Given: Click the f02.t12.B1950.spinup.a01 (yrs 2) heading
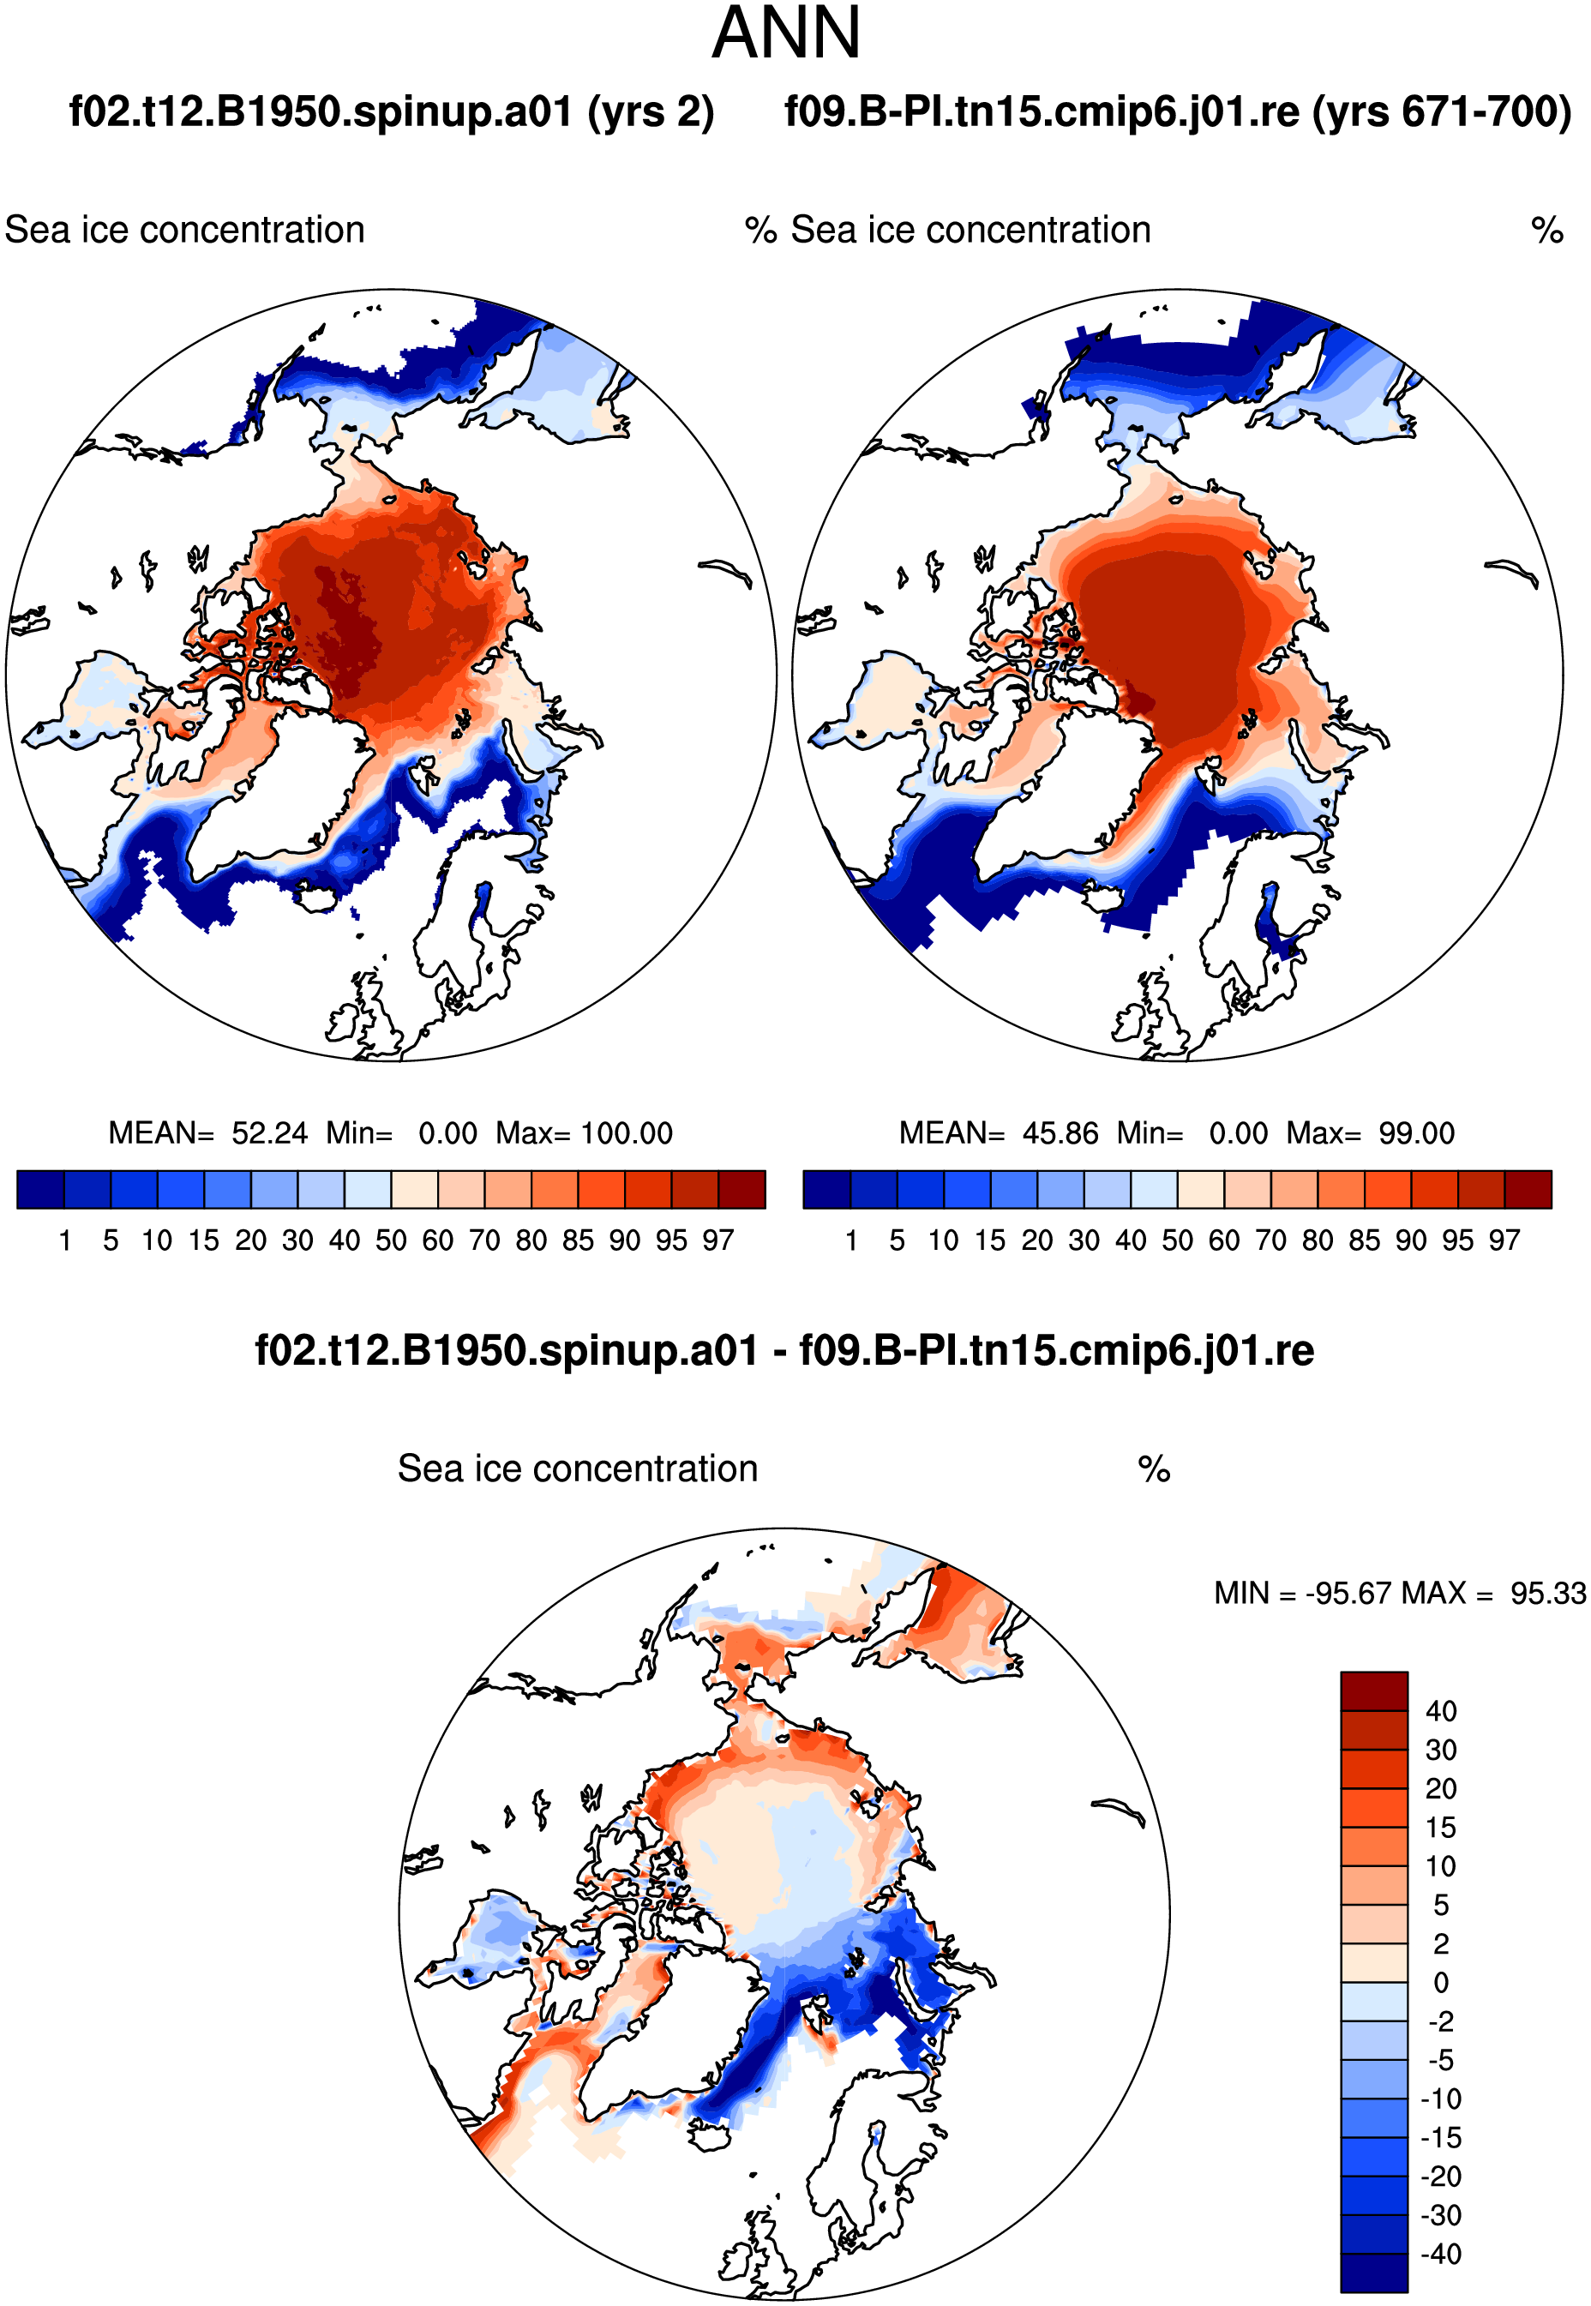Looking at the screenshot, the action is [x=392, y=112].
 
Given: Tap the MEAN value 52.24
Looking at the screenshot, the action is [x=269, y=1133].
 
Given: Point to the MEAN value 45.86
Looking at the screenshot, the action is [x=1060, y=1133].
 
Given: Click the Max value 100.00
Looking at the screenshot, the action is [x=627, y=1133].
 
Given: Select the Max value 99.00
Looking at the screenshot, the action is [x=1416, y=1133].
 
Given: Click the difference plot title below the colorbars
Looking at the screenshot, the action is [x=785, y=1351].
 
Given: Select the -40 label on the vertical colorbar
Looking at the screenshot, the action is [x=1440, y=2255].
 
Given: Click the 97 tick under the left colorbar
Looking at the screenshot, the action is [x=718, y=1240].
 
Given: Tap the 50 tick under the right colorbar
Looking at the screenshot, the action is [x=1177, y=1240].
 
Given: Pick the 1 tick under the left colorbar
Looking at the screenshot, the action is [x=65, y=1240].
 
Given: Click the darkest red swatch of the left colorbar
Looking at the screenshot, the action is [x=741, y=1189].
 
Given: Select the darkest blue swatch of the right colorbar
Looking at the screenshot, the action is [x=826, y=1189].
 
